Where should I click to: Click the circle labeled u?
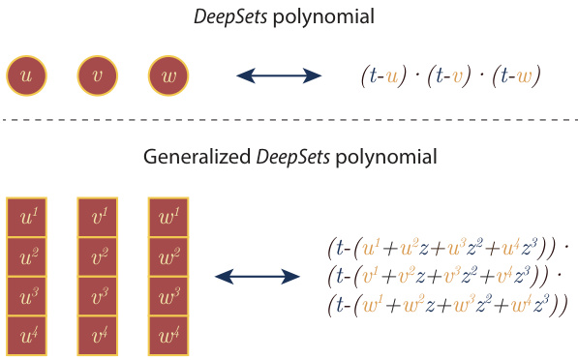pos(26,75)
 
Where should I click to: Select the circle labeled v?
pos(98,75)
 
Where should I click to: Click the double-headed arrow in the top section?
pos(280,75)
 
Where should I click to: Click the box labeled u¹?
pos(27,218)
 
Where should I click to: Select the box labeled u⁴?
pos(27,335)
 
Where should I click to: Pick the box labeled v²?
pos(99,256)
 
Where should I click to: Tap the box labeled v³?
pos(99,296)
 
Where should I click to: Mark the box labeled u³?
pos(27,296)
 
